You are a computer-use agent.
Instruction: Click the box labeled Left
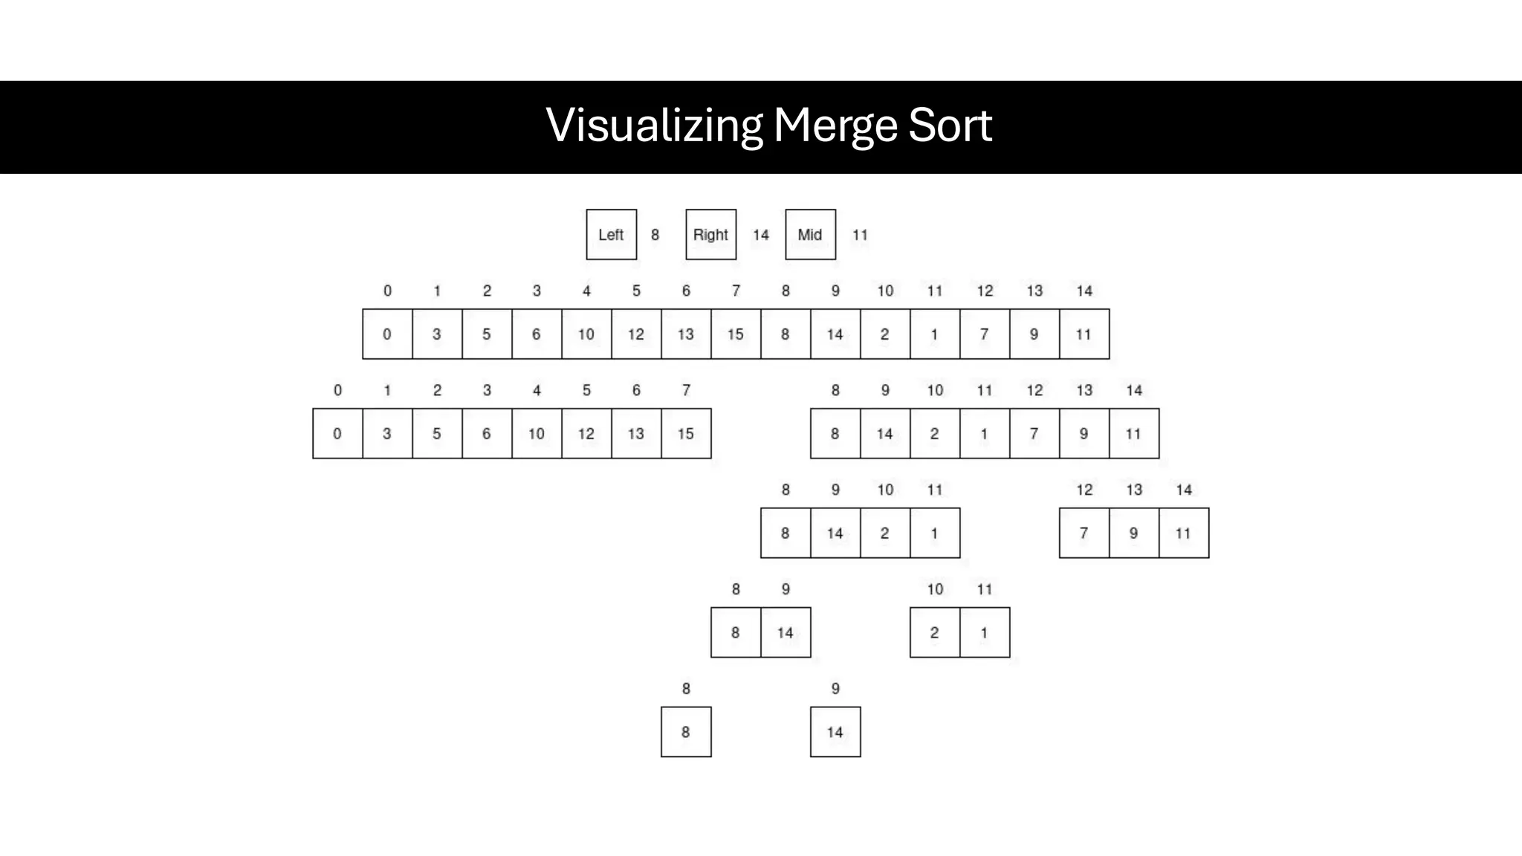611,235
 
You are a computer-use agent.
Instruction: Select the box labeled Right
710,235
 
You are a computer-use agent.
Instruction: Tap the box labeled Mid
810,235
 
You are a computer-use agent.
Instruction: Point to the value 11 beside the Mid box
860,235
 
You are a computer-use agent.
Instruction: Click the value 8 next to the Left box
655,235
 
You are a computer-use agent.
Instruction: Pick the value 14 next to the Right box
760,235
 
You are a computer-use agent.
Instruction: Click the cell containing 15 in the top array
736,334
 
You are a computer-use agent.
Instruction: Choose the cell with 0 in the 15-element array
387,334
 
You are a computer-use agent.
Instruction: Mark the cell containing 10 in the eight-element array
537,434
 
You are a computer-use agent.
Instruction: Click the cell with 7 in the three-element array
1084,534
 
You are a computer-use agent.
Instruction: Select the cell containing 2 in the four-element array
884,534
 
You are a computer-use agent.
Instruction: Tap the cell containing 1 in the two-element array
984,633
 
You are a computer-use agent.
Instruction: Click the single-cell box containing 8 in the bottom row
686,733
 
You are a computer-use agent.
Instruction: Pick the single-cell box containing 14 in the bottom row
835,733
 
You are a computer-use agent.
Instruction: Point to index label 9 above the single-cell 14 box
835,689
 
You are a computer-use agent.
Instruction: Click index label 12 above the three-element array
1084,490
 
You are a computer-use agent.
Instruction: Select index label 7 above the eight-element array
686,390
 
